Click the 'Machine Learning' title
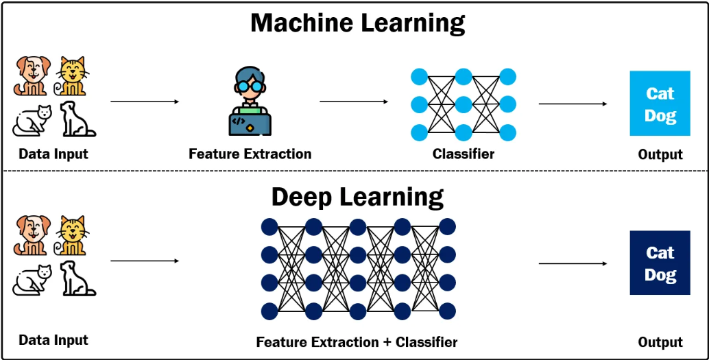click(x=357, y=23)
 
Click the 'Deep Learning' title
click(x=357, y=197)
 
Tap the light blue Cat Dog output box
click(x=660, y=104)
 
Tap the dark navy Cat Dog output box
click(x=660, y=263)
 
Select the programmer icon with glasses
click(x=250, y=101)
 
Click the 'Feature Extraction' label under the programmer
click(x=250, y=154)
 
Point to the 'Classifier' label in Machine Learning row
click(x=463, y=154)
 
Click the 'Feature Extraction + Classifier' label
click(x=357, y=341)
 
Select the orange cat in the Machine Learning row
click(x=72, y=76)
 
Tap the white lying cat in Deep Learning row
click(x=32, y=280)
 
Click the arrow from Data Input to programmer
click(x=144, y=102)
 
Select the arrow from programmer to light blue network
click(x=353, y=102)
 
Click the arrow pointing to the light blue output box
click(x=573, y=104)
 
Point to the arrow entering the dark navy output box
click(x=573, y=263)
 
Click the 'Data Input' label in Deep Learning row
click(x=53, y=340)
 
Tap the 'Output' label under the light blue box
click(x=660, y=155)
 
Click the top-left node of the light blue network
click(x=419, y=76)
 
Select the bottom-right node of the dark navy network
click(x=447, y=311)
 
